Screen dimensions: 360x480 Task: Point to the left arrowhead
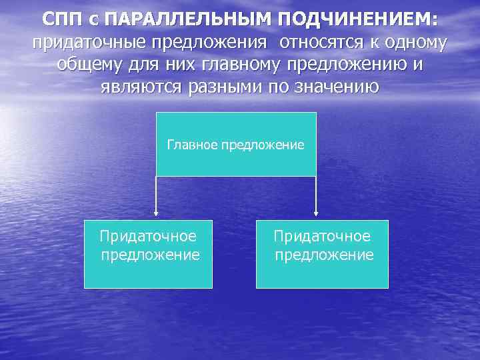tap(156, 213)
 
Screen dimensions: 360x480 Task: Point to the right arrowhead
tap(316, 213)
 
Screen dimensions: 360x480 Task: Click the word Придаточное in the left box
tap(148, 237)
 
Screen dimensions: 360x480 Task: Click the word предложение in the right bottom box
tap(324, 255)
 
